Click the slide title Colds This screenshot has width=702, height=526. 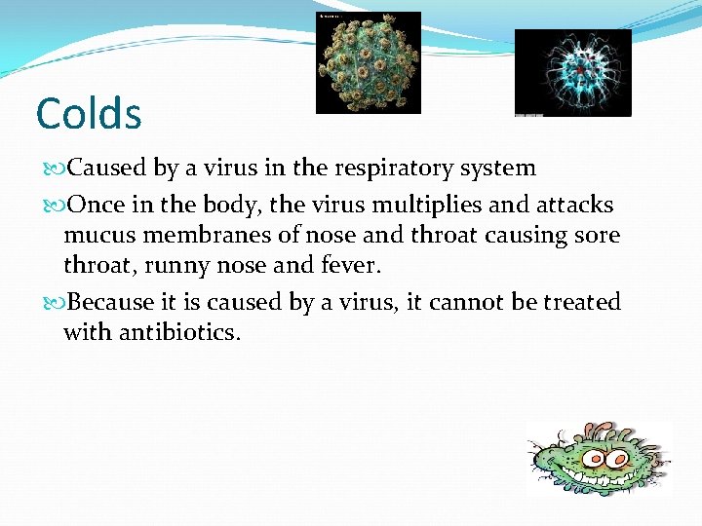tap(89, 113)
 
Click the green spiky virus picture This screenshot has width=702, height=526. tap(369, 61)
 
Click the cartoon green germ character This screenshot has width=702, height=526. tap(597, 459)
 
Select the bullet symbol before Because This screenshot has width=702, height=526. tap(53, 303)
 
